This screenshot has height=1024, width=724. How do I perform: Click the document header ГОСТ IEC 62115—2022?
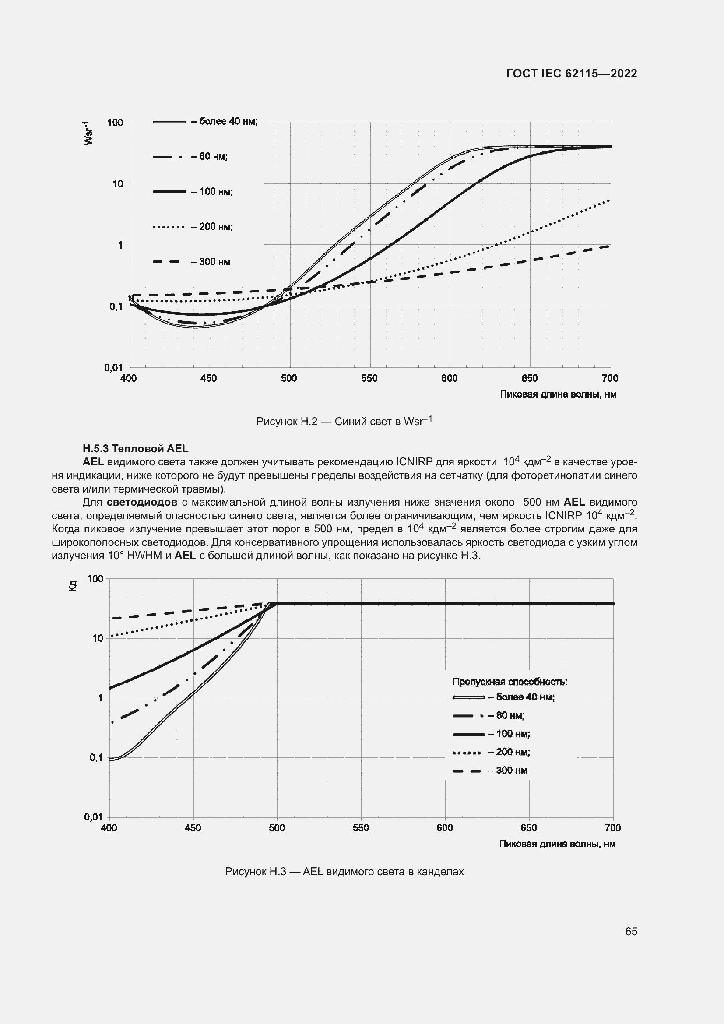point(572,74)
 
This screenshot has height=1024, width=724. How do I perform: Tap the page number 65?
point(631,931)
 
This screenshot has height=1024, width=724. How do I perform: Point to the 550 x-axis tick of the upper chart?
point(369,379)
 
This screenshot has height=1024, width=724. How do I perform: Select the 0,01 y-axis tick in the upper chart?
point(114,367)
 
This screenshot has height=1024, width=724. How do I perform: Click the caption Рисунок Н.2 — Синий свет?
point(344,422)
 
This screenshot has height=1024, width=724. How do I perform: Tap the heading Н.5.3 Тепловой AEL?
point(136,448)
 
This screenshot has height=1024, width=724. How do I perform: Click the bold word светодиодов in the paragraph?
point(142,502)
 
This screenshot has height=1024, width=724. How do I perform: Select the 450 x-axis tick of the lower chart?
point(193,828)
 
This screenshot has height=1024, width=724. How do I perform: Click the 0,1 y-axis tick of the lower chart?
point(96,757)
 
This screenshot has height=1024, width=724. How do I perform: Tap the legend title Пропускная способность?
point(510,682)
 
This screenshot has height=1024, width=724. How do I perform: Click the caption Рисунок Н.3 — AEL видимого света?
point(344,872)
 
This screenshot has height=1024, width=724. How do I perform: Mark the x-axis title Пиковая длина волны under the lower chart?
point(557,843)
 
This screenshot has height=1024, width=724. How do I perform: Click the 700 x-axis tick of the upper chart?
point(610,379)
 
